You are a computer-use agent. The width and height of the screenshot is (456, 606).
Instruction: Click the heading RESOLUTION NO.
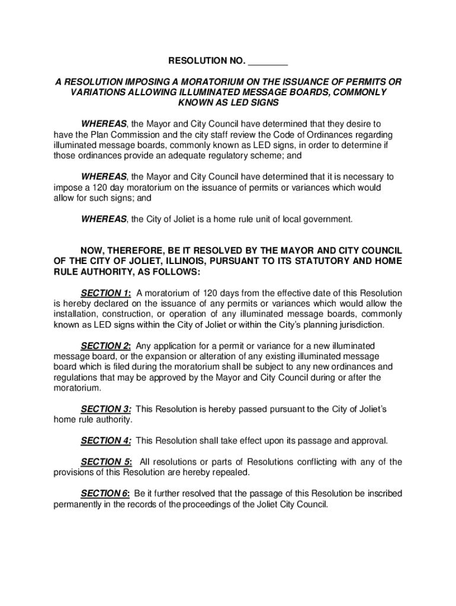coord(207,61)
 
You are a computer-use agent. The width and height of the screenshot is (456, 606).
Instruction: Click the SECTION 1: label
coord(106,293)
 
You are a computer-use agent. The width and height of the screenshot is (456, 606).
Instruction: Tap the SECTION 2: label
coord(106,346)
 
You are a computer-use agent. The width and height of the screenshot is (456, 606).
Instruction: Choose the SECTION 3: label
coord(106,409)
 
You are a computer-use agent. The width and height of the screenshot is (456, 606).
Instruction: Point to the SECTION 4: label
coord(106,440)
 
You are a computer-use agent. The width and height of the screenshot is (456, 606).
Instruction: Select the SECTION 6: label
coord(105,494)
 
